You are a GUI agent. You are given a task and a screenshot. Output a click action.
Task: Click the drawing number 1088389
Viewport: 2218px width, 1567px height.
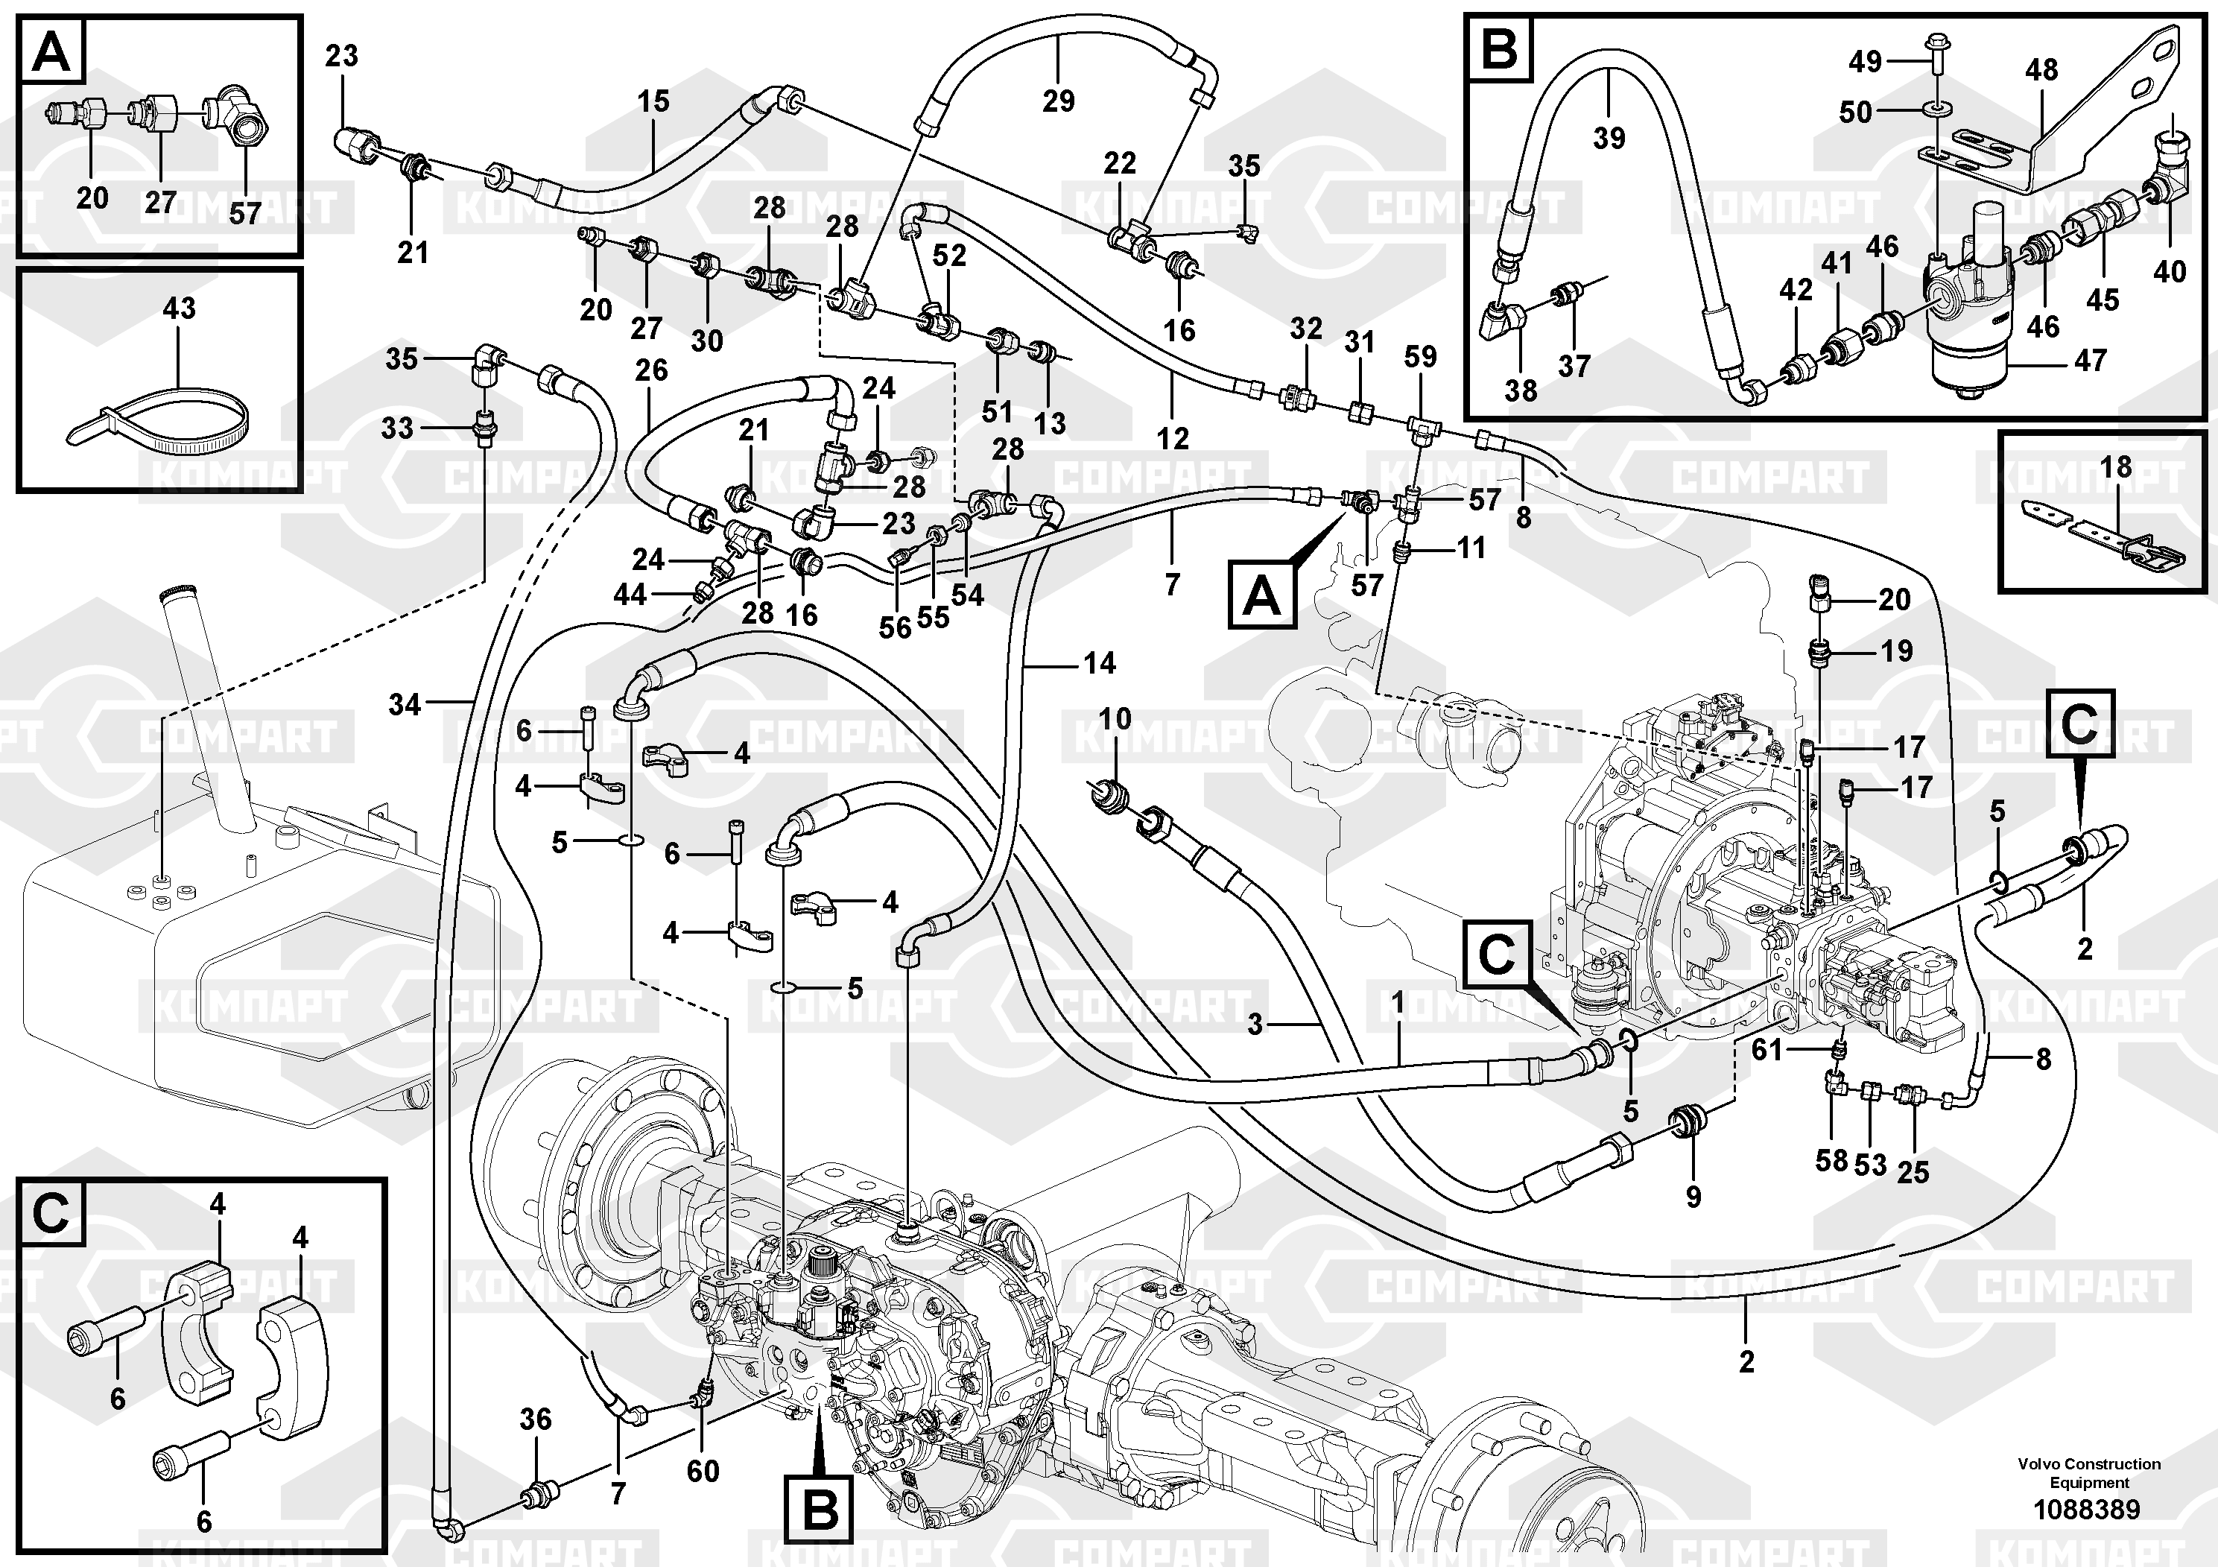click(2087, 1509)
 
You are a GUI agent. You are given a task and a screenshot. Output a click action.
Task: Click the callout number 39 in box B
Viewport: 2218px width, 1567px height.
click(1609, 137)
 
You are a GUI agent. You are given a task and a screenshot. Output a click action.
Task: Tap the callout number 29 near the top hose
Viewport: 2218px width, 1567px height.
click(1059, 101)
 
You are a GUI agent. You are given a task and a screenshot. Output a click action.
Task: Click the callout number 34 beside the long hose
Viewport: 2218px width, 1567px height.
click(405, 704)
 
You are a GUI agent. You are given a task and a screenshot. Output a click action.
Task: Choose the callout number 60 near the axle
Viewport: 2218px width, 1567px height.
click(703, 1470)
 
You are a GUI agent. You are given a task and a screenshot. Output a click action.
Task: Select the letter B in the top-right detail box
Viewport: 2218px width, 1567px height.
click(1499, 48)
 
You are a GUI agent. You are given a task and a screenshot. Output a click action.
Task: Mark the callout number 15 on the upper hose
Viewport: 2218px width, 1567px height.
click(653, 101)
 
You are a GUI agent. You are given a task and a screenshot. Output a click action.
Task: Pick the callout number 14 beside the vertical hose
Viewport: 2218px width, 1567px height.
click(1100, 662)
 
